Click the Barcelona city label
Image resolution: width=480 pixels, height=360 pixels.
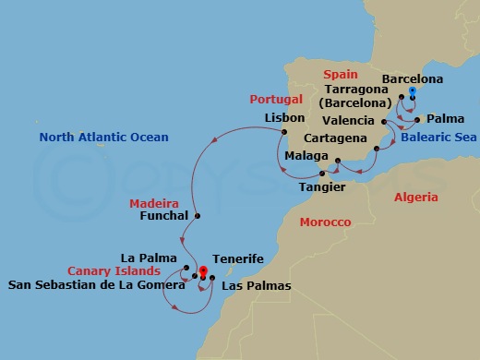pyautogui.click(x=413, y=79)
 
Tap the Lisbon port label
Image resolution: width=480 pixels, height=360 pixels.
pyautogui.click(x=284, y=118)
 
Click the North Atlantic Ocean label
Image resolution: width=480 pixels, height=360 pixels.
pyautogui.click(x=103, y=138)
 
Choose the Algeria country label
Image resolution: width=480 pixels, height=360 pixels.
pyautogui.click(x=416, y=197)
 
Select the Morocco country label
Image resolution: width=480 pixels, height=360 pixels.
pyautogui.click(x=325, y=222)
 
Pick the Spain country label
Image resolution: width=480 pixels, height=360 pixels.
pyautogui.click(x=339, y=73)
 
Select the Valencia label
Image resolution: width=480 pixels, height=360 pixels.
pyautogui.click(x=349, y=121)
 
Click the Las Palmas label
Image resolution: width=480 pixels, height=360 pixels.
pyautogui.click(x=256, y=286)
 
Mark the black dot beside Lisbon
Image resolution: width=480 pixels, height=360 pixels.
pyautogui.click(x=284, y=130)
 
